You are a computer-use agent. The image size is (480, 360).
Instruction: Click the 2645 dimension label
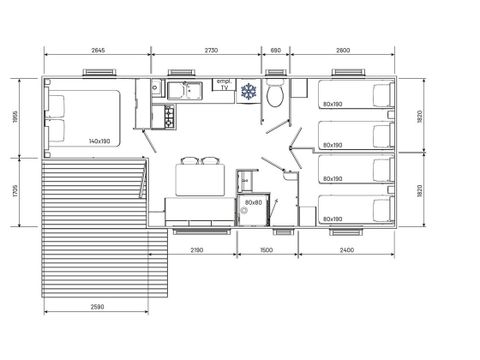(x=98, y=49)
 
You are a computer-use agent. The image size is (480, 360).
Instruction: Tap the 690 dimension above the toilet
(x=275, y=49)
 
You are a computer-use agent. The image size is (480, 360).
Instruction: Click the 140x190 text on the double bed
(x=99, y=141)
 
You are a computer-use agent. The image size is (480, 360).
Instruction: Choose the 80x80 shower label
(x=252, y=203)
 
